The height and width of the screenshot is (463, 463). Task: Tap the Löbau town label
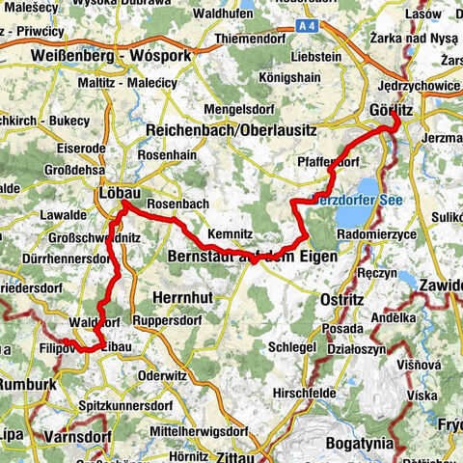(120, 193)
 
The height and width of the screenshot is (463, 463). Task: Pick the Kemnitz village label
(231, 233)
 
